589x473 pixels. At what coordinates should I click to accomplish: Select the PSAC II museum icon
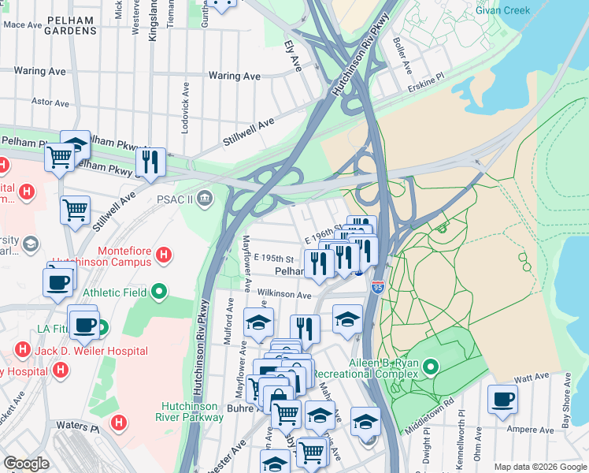click(205, 196)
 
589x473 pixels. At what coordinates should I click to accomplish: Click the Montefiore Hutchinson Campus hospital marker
click(164, 255)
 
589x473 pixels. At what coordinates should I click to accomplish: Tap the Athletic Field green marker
click(159, 292)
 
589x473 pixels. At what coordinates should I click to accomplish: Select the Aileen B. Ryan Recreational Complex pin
click(431, 367)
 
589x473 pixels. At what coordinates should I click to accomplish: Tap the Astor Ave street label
click(50, 102)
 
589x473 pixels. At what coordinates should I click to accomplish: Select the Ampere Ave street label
click(532, 430)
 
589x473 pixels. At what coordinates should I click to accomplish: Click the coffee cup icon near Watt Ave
click(502, 399)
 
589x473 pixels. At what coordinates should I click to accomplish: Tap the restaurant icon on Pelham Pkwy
click(150, 162)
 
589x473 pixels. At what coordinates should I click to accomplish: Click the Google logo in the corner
click(27, 464)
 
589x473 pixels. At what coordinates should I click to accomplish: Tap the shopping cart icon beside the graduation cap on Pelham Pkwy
click(59, 156)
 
